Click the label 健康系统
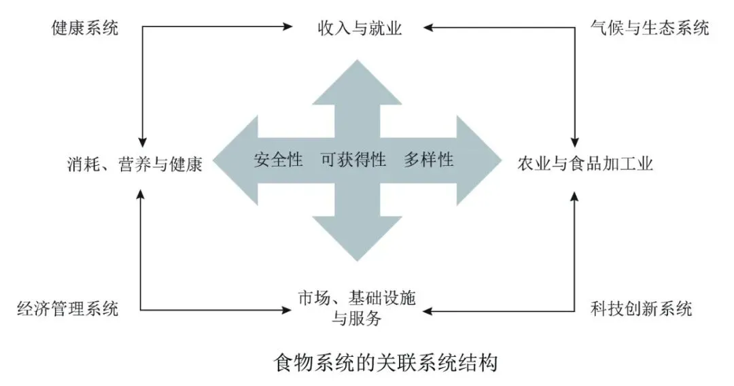(x=84, y=29)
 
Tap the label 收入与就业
(x=360, y=29)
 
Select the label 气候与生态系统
(x=649, y=29)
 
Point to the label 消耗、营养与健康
(x=135, y=164)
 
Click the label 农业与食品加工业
(x=584, y=164)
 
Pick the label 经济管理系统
(x=67, y=310)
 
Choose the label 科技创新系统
(x=642, y=310)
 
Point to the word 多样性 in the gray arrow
(x=428, y=160)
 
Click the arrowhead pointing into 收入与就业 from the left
(x=287, y=28)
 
